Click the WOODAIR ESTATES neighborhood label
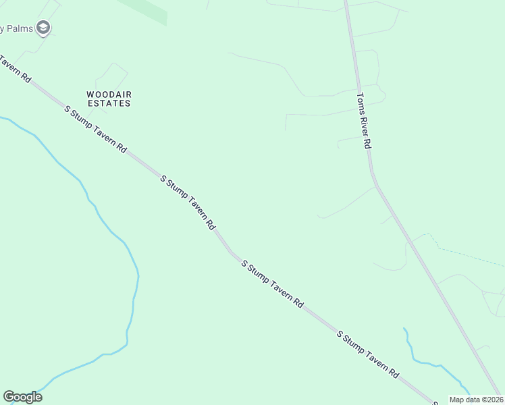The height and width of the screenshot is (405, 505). pos(108,99)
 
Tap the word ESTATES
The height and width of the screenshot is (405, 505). pos(108,104)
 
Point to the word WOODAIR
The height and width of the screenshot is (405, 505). pos(108,94)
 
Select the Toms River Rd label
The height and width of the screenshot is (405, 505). pos(365,121)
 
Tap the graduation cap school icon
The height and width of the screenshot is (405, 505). pos(44,28)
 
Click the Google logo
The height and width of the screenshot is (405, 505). pos(22,397)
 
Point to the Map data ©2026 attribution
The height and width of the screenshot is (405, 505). pos(475,400)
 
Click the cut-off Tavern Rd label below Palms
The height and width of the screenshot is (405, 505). pos(15,68)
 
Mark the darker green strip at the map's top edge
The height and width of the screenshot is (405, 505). pos(145,10)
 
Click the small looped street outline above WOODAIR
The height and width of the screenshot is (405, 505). pos(111,74)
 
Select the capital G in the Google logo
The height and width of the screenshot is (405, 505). pos(8,397)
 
